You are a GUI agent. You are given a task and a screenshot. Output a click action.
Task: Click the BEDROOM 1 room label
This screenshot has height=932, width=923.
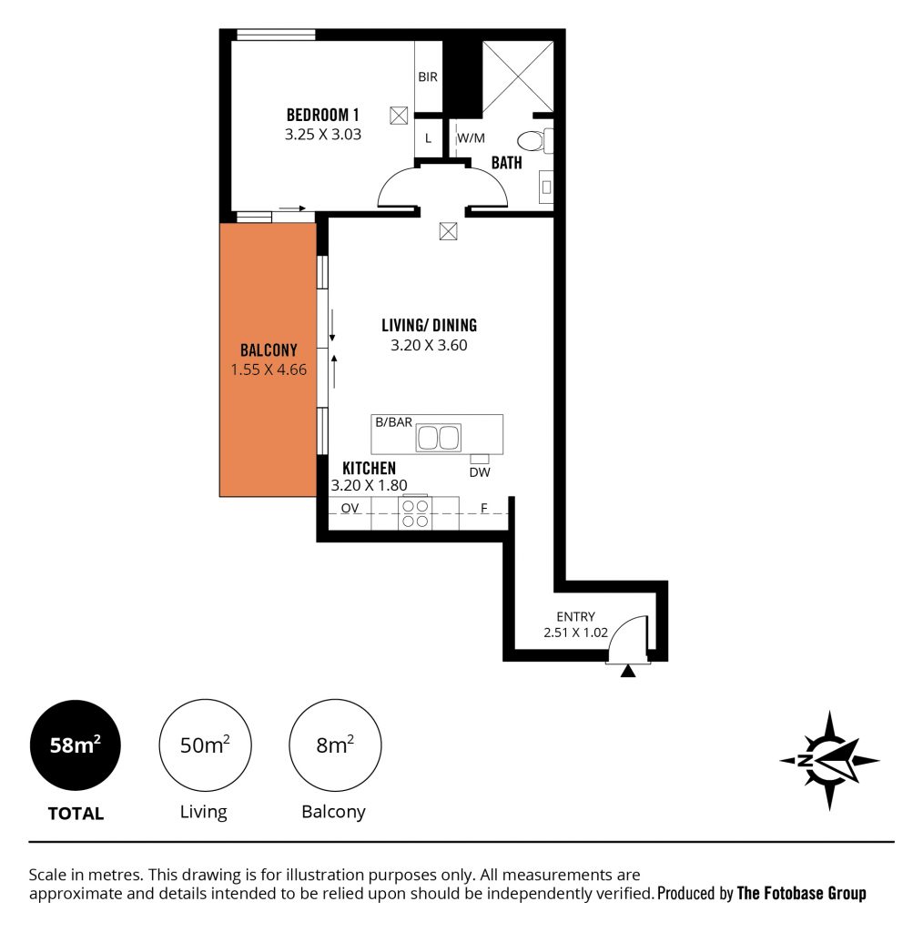point(323,114)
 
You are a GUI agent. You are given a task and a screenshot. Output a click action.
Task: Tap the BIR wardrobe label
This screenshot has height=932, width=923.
point(427,76)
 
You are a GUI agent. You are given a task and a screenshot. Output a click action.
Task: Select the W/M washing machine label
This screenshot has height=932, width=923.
point(471,138)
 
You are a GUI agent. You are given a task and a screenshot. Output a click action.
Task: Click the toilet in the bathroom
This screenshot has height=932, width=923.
point(534,141)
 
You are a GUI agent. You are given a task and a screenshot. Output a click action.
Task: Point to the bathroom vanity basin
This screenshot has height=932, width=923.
point(546,187)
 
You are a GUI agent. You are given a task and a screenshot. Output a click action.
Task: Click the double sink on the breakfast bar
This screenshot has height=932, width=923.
point(438,438)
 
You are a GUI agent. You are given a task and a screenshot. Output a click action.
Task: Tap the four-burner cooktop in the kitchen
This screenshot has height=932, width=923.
point(415,513)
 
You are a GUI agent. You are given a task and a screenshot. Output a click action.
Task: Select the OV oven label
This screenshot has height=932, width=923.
point(350,508)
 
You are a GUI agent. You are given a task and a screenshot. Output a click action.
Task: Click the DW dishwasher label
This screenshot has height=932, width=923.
point(480,472)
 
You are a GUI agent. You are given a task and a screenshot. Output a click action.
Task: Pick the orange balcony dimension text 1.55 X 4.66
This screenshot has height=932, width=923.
point(269,370)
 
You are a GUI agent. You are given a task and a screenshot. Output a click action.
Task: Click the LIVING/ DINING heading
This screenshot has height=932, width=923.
point(429,325)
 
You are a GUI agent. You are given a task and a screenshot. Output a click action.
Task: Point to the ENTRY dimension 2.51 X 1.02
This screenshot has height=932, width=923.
point(575,633)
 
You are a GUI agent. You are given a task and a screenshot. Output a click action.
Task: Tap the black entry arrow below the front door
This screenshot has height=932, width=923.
point(628,671)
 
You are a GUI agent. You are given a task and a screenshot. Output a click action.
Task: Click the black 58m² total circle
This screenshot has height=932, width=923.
point(76,745)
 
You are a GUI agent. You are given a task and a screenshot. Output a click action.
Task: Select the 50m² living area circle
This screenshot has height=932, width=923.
point(205,745)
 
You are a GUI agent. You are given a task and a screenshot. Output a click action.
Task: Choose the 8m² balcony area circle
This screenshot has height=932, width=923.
point(335,745)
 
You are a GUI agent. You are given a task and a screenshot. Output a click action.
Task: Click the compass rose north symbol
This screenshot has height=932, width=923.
point(829,761)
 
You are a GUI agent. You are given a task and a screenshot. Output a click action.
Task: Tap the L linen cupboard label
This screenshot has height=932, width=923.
point(428,138)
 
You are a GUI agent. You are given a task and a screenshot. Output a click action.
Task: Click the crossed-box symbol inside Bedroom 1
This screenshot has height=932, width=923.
point(399,116)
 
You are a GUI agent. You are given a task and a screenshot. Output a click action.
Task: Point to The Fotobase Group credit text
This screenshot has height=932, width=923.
point(801,894)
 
